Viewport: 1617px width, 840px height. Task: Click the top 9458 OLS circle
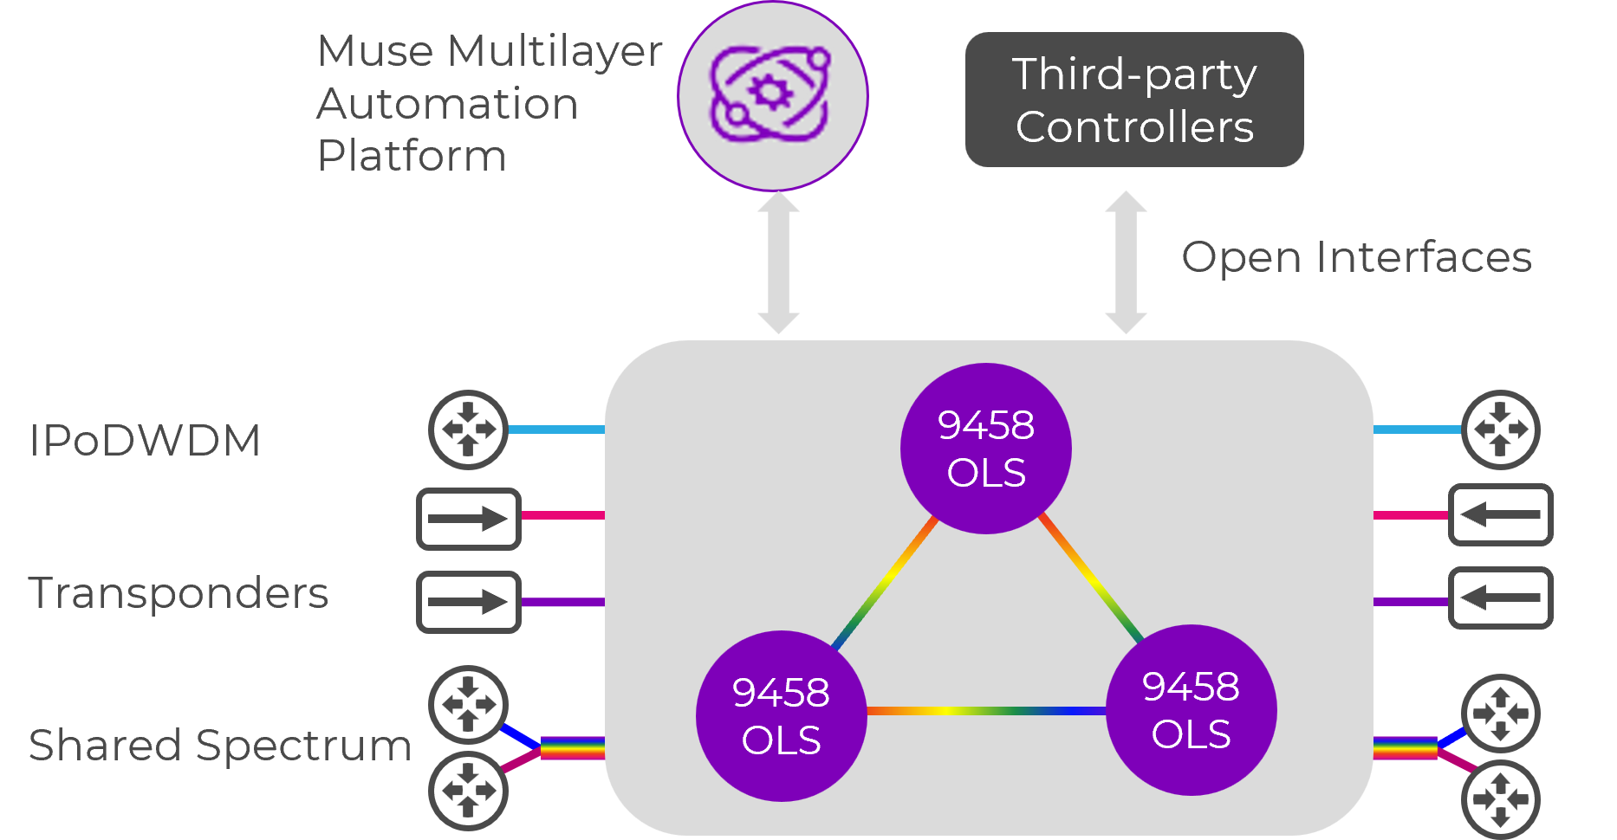(986, 449)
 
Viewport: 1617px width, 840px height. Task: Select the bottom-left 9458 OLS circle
(781, 715)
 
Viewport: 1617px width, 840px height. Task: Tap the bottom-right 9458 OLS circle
(1192, 710)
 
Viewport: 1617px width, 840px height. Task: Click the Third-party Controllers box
(1134, 100)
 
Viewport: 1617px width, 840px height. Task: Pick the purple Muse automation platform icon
(772, 95)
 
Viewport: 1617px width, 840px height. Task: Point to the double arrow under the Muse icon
(778, 262)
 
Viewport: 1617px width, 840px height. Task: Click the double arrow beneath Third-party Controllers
(1126, 262)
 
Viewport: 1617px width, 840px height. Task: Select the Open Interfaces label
(1356, 257)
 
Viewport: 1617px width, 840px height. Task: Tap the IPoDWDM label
(145, 440)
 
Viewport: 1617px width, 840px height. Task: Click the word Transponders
(179, 593)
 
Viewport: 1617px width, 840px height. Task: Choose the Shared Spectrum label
(220, 745)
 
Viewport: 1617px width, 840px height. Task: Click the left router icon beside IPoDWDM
(468, 430)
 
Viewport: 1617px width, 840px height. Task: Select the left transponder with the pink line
(469, 519)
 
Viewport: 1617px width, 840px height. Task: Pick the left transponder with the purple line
(469, 602)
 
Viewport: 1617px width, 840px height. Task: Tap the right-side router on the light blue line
(1500, 430)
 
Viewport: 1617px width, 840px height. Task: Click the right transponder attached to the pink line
(1500, 514)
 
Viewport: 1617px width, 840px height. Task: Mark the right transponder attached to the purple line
(1500, 598)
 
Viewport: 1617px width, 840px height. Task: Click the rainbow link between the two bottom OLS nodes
(986, 711)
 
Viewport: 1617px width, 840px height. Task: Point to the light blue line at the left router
(555, 430)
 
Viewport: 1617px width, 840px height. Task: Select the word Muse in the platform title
(375, 50)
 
